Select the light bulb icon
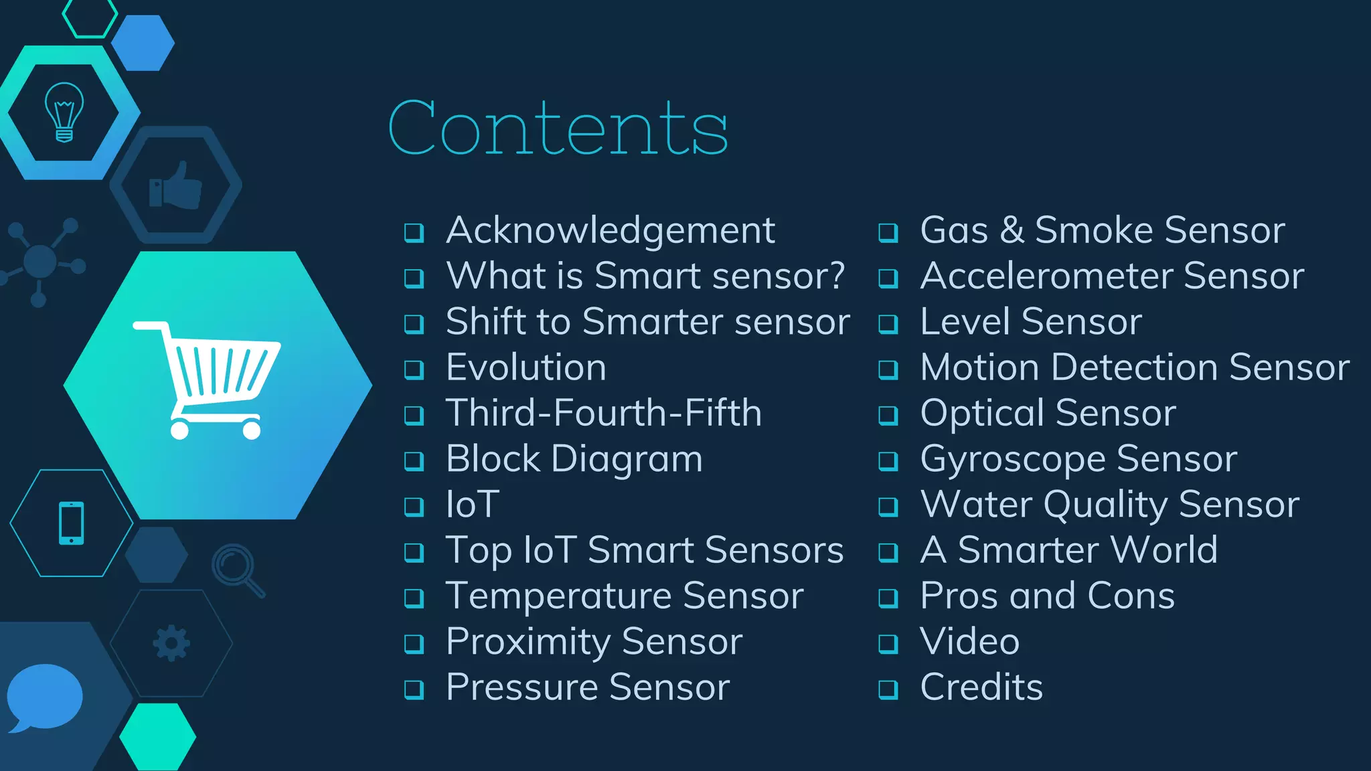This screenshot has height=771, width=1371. (x=64, y=112)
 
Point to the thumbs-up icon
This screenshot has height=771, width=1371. (x=176, y=185)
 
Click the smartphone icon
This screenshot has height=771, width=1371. (x=72, y=523)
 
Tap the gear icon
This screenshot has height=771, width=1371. (x=171, y=643)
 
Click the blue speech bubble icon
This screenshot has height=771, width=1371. (x=44, y=697)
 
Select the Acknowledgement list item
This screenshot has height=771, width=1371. (x=610, y=230)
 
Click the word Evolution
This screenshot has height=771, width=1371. (x=526, y=367)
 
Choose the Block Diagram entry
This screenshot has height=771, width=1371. (x=574, y=459)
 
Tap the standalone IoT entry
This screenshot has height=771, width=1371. (x=473, y=505)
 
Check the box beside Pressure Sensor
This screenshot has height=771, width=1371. (x=414, y=689)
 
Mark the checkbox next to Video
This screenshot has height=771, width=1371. (x=888, y=644)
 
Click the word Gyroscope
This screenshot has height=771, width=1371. (x=1014, y=460)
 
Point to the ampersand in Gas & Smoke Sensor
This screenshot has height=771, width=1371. (x=1012, y=230)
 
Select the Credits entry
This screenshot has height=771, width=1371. (x=981, y=687)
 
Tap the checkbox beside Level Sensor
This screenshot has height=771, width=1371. (x=888, y=324)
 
